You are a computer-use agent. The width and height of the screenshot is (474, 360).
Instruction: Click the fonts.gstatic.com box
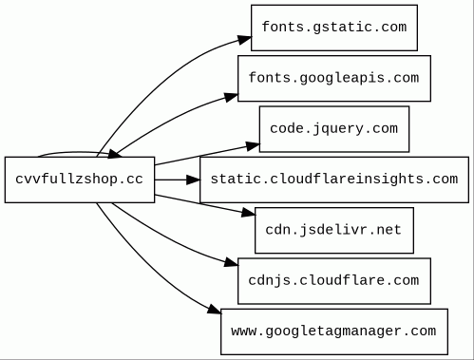point(334,28)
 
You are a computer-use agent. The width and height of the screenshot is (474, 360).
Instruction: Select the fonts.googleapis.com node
point(334,79)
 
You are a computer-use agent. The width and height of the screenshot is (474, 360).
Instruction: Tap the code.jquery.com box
point(334,129)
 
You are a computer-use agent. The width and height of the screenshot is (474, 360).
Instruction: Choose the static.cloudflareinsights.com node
point(334,180)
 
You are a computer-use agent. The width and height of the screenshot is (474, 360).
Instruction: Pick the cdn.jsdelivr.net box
point(334,231)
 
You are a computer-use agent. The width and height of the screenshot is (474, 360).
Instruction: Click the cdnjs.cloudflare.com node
point(334,281)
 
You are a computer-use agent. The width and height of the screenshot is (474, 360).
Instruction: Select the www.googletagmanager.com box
point(334,332)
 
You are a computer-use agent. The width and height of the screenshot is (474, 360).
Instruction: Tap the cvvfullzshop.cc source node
point(80,180)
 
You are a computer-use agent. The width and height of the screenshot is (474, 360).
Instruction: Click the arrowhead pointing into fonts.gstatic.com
point(244,40)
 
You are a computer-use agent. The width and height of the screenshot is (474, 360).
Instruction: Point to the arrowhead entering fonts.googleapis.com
point(231,97)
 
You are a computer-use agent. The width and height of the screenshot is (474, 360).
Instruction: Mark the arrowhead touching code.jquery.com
point(253,146)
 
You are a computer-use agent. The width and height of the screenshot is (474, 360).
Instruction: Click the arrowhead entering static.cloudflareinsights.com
point(193,180)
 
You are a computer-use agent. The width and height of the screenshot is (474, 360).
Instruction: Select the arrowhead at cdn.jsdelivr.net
point(248,213)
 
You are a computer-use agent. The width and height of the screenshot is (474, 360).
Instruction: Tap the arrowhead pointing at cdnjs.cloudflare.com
point(231,263)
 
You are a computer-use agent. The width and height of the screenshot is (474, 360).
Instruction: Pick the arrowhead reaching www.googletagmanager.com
point(215,310)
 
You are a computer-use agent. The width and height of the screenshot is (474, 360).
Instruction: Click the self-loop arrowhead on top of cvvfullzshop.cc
point(115,154)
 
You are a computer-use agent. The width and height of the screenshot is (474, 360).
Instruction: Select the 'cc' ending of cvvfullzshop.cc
point(135,180)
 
